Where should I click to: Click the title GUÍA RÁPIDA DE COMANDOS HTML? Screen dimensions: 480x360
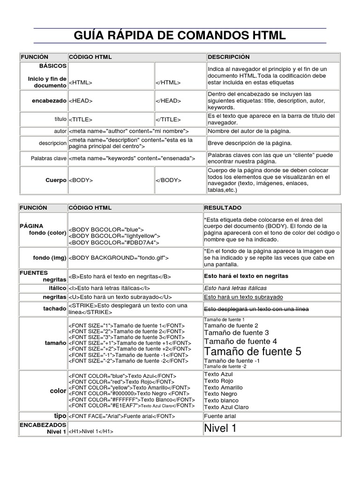tap(180, 37)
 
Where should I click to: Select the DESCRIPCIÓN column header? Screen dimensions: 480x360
tap(229, 57)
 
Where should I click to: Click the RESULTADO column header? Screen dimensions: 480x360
tap(223, 207)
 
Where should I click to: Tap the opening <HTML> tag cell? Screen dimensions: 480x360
tap(81, 83)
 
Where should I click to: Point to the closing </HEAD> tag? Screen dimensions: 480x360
tap(168, 101)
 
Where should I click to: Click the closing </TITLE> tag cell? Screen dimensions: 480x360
tap(168, 119)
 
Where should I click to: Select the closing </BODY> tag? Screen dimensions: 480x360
tap(168, 180)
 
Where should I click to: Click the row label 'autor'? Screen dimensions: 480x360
tap(60, 131)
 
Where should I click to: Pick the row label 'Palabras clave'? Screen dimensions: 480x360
tap(48, 158)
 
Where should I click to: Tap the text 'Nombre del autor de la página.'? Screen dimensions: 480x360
tap(249, 131)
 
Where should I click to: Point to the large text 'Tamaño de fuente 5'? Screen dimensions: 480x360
tap(253, 352)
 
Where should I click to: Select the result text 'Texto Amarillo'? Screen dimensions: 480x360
tap(224, 388)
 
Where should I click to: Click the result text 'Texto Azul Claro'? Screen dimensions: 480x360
tap(226, 407)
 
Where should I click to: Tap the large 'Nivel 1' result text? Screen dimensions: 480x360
tap(220, 428)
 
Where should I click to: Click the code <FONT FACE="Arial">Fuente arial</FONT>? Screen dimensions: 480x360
tap(122, 416)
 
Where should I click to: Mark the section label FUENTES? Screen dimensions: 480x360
tap(34, 272)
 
